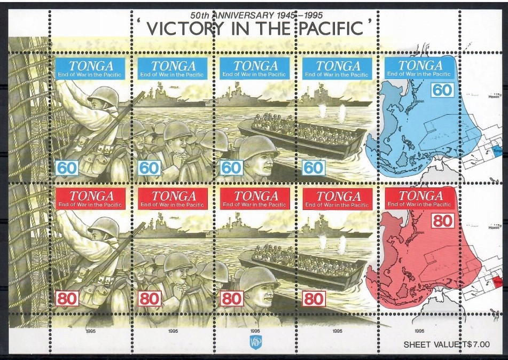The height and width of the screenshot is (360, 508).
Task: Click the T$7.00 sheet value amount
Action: (471, 345)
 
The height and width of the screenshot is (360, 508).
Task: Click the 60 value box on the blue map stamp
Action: (443, 90)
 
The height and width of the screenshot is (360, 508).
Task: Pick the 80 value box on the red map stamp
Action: (443, 220)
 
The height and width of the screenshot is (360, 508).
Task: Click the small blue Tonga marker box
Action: (497, 152)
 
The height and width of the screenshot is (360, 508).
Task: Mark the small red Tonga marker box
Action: (497, 279)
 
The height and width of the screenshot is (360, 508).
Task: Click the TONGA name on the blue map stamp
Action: (420, 66)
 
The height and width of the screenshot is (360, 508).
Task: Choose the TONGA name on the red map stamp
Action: (420, 195)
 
